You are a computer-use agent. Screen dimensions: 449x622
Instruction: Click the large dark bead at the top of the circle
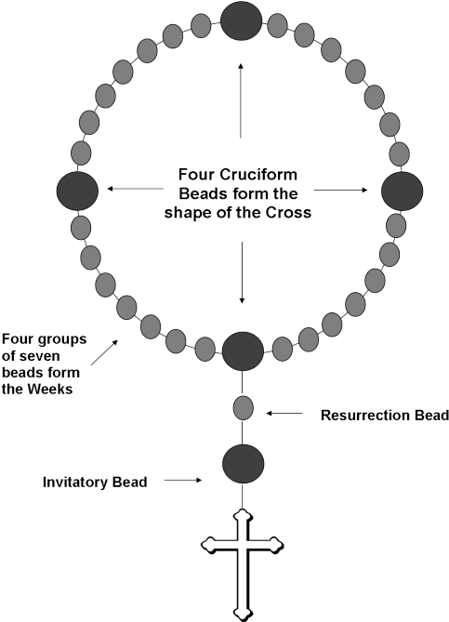(x=241, y=20)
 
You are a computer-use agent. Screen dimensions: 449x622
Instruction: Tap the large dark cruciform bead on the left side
(x=77, y=191)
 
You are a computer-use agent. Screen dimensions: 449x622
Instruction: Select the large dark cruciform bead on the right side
(x=402, y=192)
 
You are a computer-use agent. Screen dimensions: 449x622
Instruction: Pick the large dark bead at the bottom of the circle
(x=243, y=351)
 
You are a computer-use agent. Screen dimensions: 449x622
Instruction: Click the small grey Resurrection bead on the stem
(x=243, y=408)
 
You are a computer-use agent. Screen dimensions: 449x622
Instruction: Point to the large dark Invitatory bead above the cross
(x=243, y=464)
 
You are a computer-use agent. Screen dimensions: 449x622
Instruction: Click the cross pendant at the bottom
(x=243, y=565)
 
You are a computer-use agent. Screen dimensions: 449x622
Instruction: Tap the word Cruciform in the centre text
(x=258, y=175)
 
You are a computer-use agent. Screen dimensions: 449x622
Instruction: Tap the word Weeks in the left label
(x=50, y=390)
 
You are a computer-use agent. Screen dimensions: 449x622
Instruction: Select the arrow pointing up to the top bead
(x=241, y=100)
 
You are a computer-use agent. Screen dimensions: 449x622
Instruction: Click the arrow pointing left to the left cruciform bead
(x=135, y=189)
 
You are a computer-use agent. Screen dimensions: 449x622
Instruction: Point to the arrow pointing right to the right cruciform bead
(x=341, y=190)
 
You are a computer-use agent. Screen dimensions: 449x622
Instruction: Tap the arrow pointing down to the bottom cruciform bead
(x=242, y=273)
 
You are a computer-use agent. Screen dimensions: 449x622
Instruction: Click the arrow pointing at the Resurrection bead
(x=284, y=414)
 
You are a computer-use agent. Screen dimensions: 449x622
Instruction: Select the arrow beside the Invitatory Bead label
(x=183, y=481)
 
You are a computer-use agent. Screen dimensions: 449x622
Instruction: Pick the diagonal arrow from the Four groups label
(x=104, y=351)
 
